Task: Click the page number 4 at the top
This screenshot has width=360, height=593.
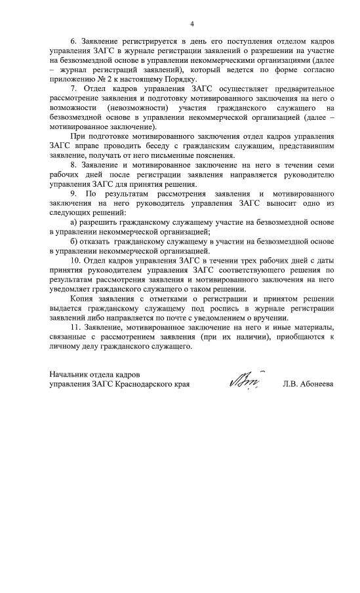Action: point(193,24)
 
